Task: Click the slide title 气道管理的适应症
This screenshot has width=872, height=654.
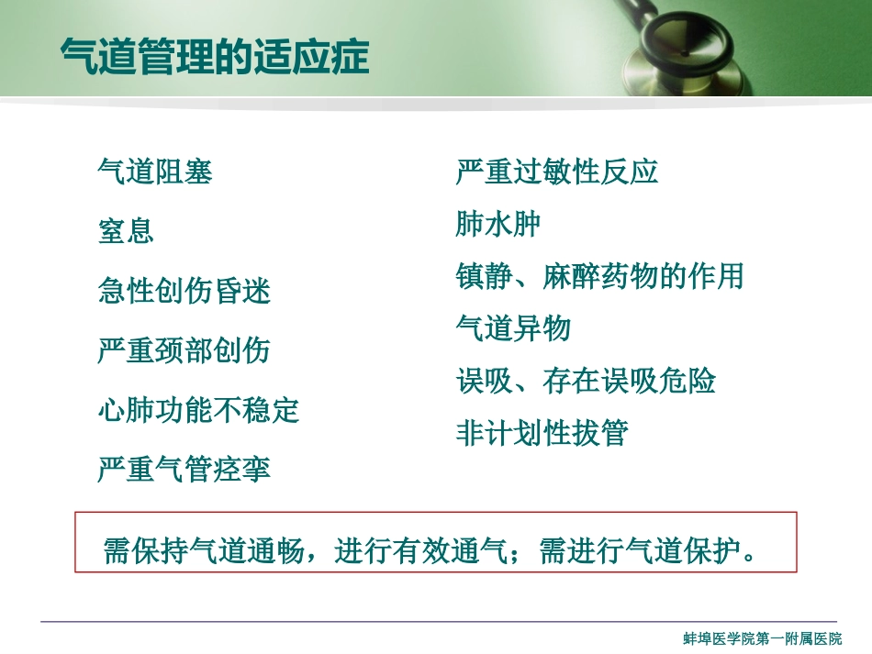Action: [214, 57]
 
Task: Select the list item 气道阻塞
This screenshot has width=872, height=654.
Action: [155, 172]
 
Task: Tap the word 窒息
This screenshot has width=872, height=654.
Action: [126, 230]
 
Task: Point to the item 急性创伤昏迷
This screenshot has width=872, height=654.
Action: [184, 291]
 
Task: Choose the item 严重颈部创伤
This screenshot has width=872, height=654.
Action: [184, 350]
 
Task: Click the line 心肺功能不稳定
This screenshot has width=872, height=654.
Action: [198, 410]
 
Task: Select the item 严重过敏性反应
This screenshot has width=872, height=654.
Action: [557, 172]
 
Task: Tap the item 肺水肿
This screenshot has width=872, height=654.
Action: [498, 224]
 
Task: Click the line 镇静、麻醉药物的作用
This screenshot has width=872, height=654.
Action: [599, 276]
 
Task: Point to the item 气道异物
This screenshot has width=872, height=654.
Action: [513, 328]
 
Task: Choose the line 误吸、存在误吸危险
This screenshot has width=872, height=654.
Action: [586, 381]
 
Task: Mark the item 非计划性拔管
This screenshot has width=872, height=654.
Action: [542, 433]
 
